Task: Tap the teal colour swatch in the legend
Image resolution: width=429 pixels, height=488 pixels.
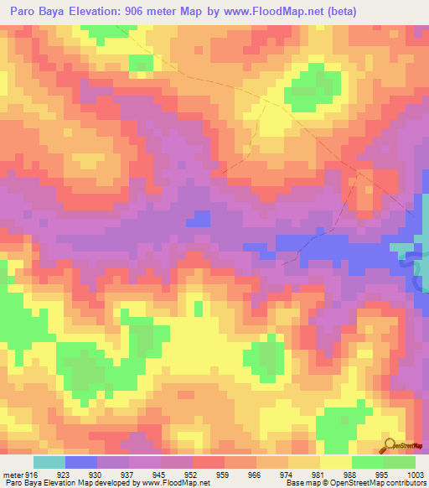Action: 49,463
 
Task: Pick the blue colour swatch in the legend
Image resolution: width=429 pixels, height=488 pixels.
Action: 80,463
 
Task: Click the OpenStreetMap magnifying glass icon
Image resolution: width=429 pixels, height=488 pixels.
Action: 390,444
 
